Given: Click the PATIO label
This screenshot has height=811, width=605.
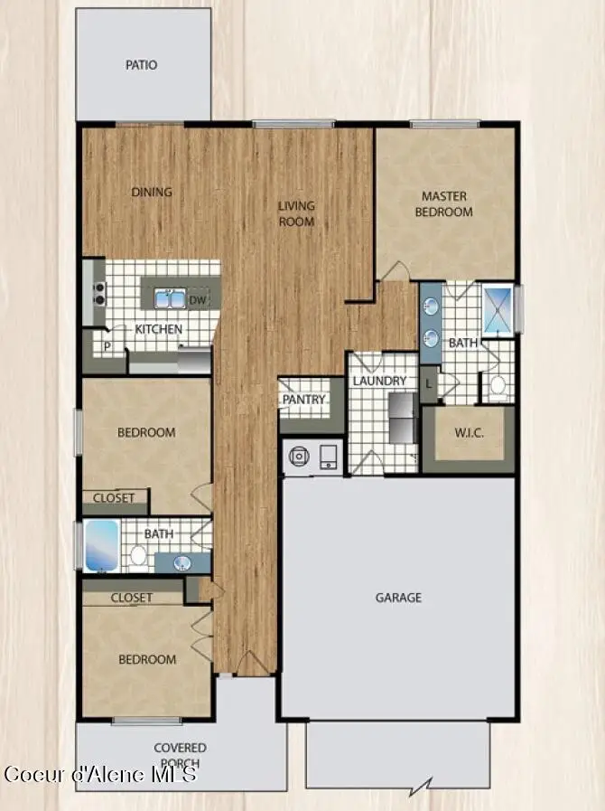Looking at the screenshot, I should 141,65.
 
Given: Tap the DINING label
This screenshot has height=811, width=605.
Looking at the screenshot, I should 152,192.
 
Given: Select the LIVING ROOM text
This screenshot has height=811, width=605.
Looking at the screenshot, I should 296,213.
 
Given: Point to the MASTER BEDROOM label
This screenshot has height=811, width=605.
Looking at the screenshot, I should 443,204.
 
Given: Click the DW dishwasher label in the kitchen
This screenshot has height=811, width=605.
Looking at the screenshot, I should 197,300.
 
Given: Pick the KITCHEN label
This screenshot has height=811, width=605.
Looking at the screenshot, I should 159,329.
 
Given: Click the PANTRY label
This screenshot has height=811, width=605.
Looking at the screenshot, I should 304,400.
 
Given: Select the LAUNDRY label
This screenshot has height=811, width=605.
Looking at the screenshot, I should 379,382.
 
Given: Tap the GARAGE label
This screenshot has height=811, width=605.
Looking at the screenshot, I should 398,598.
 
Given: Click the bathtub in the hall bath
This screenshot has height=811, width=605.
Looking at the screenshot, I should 101,547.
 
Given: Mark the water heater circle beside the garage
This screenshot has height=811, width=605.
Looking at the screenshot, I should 298,457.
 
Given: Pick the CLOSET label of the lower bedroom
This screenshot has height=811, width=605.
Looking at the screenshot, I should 132,598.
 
